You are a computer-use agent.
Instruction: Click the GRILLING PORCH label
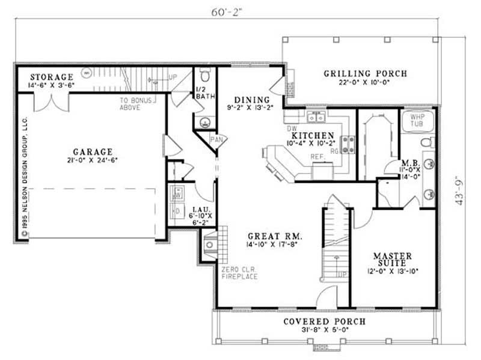(x=365, y=74)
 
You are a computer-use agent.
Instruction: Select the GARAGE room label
(x=93, y=151)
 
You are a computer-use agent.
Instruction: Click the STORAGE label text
(x=52, y=77)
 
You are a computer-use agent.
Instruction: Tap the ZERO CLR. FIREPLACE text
(x=239, y=272)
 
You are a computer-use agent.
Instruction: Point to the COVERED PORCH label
(x=324, y=322)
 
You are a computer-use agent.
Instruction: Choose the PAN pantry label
(x=216, y=140)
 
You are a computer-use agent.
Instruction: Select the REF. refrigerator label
(x=318, y=156)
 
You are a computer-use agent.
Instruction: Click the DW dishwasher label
(x=293, y=129)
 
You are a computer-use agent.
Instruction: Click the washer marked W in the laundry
(x=179, y=194)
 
